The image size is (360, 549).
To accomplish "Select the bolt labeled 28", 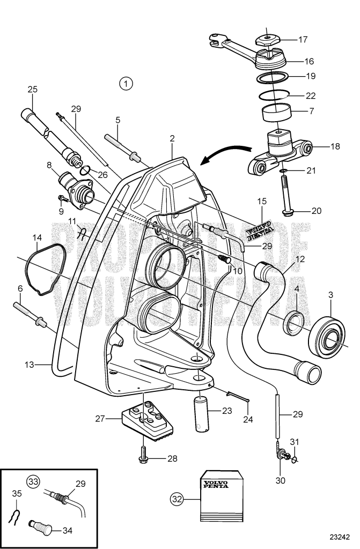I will click(143, 452).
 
